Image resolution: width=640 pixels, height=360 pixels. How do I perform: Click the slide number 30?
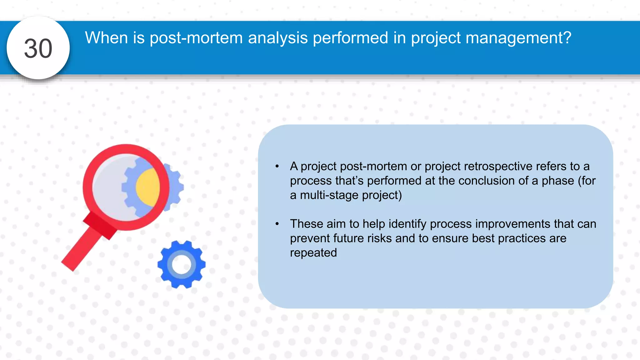coord(38,48)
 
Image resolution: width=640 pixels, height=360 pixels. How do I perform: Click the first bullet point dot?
coord(277,167)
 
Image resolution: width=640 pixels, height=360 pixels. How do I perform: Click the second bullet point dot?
coord(277,224)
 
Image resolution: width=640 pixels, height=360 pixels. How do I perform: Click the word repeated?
coord(313,252)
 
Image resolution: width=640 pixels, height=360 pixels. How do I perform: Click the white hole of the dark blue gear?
coord(181,264)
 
